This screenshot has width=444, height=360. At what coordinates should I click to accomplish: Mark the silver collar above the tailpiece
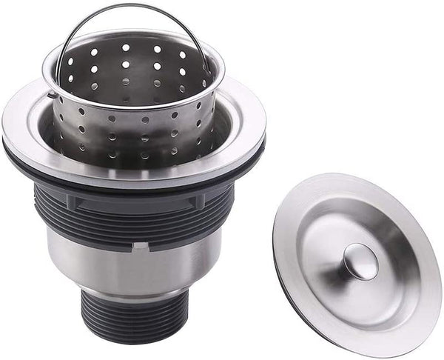tap(133, 293)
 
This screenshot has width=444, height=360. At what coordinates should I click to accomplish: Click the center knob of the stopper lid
tap(361, 261)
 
